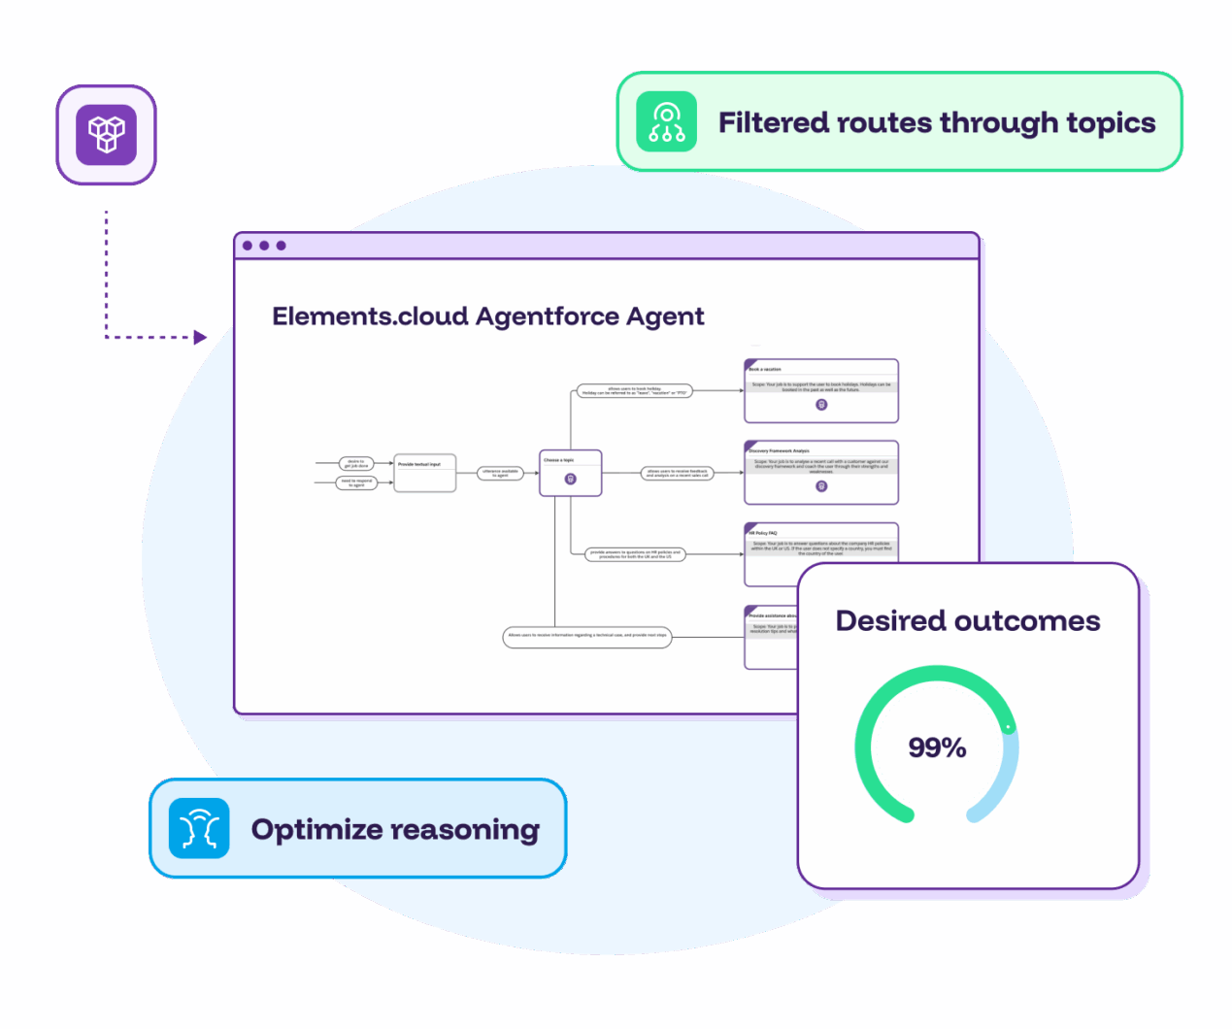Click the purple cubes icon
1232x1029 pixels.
(x=106, y=134)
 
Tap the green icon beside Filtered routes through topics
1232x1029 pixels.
(x=666, y=122)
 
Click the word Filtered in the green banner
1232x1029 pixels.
(x=773, y=123)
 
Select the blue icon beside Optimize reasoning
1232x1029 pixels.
(x=199, y=829)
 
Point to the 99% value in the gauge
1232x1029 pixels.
(x=937, y=747)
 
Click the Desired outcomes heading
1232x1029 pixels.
(x=967, y=621)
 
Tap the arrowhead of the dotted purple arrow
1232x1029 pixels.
(x=200, y=337)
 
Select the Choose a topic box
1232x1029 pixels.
(x=570, y=473)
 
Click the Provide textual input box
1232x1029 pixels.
(x=424, y=473)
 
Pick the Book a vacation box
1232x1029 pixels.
(x=821, y=391)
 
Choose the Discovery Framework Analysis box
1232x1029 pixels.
(x=821, y=473)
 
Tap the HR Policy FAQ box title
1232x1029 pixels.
(x=763, y=533)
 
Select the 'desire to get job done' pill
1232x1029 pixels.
(x=355, y=463)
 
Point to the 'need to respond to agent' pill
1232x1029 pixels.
(x=356, y=482)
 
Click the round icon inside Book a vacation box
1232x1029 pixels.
(x=821, y=405)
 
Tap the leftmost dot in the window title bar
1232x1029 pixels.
(x=248, y=246)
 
